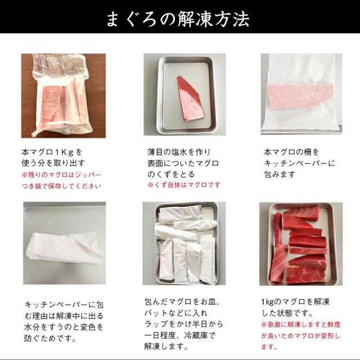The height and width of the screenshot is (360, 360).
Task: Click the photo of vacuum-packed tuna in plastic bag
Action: (x=63, y=96)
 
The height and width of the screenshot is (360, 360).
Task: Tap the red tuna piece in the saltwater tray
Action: (x=189, y=97)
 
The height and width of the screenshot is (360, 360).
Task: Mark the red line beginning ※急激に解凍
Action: (x=304, y=325)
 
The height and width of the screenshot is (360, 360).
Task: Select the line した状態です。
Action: (x=287, y=313)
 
